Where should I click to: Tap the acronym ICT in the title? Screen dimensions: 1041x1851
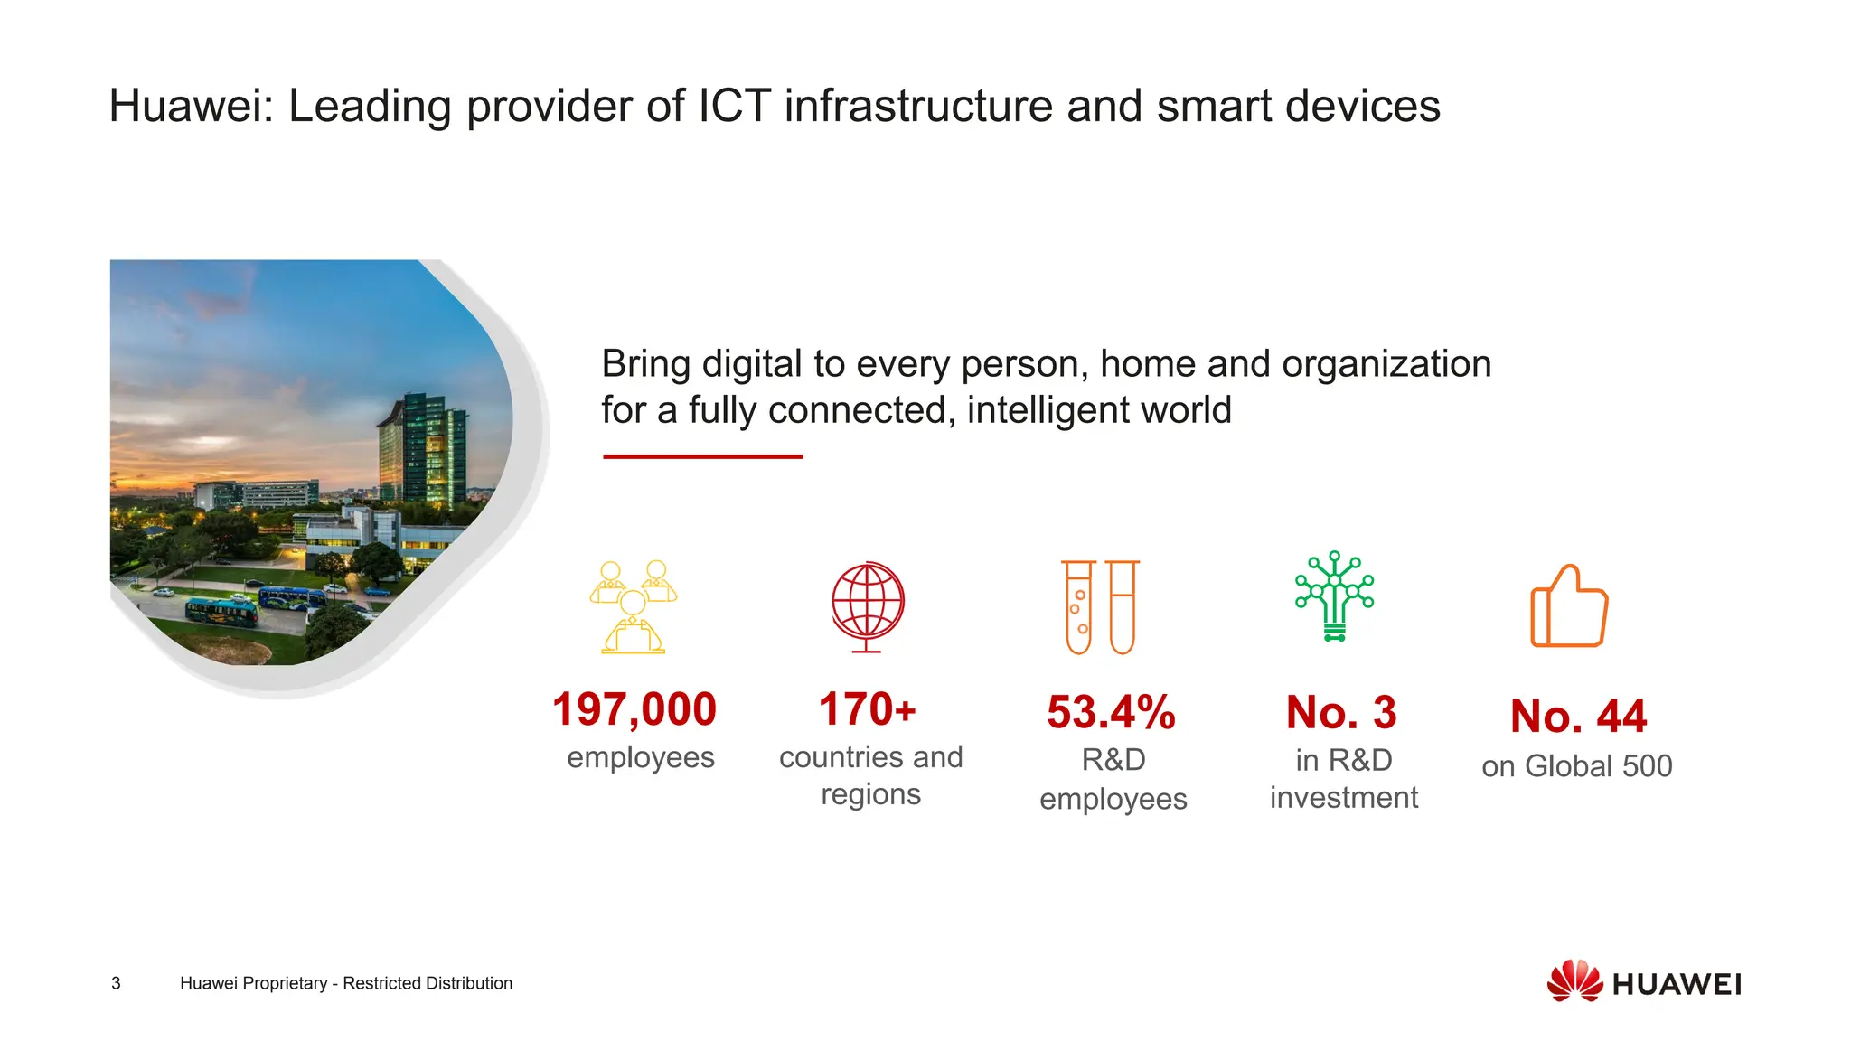pos(734,107)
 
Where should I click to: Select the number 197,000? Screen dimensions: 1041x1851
pos(634,709)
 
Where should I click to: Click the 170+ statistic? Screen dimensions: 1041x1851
pos(868,709)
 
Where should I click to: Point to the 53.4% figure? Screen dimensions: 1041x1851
pos(1111,712)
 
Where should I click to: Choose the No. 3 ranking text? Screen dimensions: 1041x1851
pos(1341,713)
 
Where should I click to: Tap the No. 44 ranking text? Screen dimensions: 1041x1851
pos(1578,717)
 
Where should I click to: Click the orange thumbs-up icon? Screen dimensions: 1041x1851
pos(1569,606)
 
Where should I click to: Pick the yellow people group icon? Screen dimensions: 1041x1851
pos(634,606)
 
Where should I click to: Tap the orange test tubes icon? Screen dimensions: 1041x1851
pos(1100,606)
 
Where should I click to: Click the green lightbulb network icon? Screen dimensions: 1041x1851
pos(1334,596)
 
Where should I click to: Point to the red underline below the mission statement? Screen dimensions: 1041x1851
pos(702,456)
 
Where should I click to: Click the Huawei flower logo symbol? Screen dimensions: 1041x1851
pos(1574,981)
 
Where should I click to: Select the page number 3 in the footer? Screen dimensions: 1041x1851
pos(116,983)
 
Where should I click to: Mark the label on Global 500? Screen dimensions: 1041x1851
pos(1577,766)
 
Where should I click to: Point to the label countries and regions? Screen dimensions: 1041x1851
pos(870,775)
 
